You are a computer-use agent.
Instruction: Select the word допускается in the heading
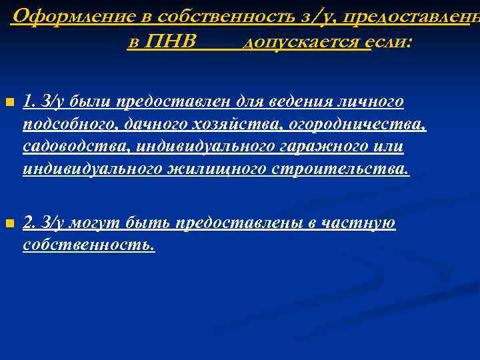306,43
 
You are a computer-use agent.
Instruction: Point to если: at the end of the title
392,43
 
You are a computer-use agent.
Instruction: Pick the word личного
371,102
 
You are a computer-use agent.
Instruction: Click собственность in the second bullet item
88,245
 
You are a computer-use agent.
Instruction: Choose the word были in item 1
83,102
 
